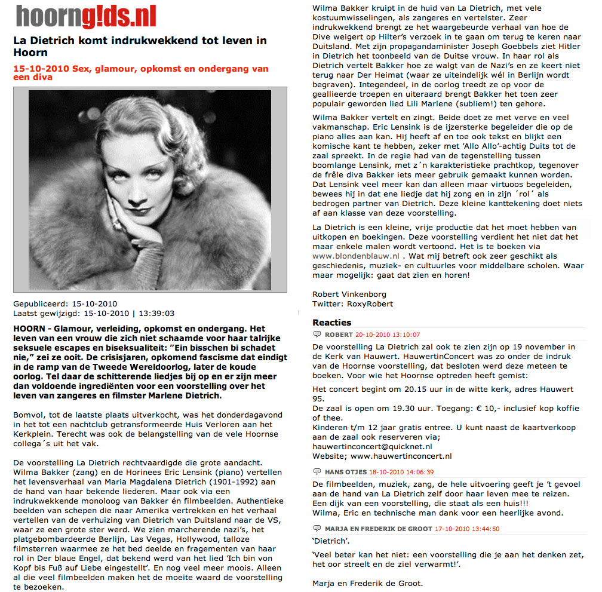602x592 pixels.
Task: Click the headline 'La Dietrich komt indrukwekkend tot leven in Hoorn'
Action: pyautogui.click(x=140, y=47)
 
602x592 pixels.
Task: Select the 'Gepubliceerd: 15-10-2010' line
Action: pyautogui.click(x=66, y=303)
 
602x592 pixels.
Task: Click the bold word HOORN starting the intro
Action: pyautogui.click(x=29, y=329)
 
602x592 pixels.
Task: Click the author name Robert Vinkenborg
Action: pyautogui.click(x=349, y=293)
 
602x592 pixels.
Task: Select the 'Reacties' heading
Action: pyautogui.click(x=332, y=323)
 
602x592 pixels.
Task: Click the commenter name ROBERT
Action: pyautogui.click(x=339, y=335)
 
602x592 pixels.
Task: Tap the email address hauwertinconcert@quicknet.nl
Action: pyautogui.click(x=372, y=446)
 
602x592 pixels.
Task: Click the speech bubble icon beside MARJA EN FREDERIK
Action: pyautogui.click(x=317, y=528)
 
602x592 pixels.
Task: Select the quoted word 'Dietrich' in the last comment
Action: pyautogui.click(x=330, y=542)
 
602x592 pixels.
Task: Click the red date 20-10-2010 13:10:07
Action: pyautogui.click(x=388, y=335)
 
